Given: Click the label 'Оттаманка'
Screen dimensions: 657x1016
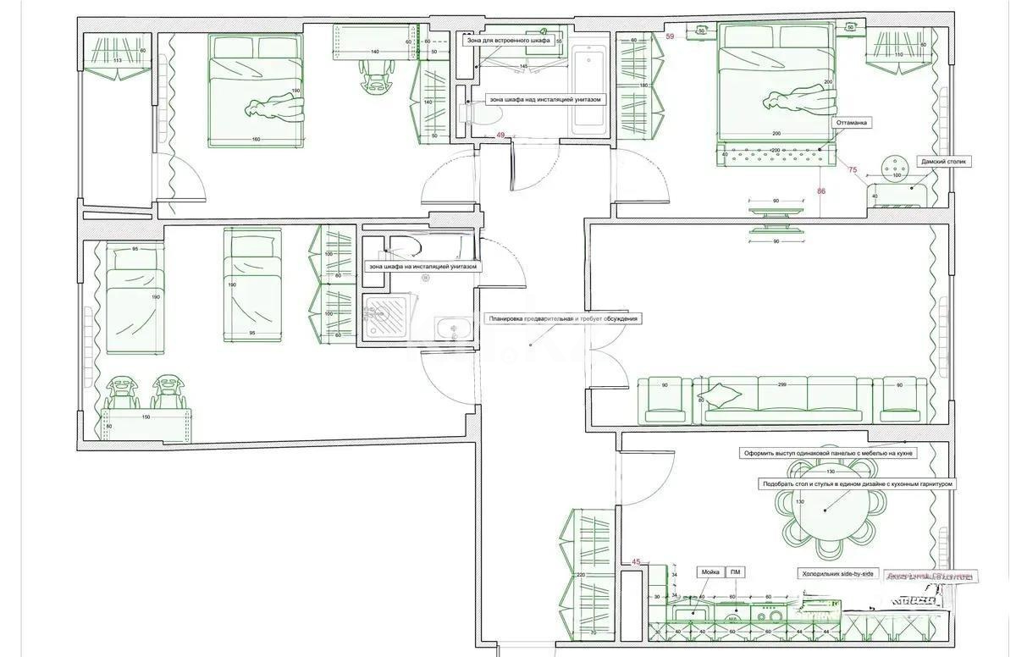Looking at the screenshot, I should click(x=851, y=122).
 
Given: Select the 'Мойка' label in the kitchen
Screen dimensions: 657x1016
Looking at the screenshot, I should click(x=709, y=573).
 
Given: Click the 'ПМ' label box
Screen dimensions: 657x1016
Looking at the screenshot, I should click(x=736, y=573).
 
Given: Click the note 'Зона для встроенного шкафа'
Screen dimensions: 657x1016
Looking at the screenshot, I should click(x=508, y=40).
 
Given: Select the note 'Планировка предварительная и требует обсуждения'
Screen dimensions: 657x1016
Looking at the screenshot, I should click(x=562, y=318).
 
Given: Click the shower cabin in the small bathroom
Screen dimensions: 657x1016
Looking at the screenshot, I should click(x=385, y=317).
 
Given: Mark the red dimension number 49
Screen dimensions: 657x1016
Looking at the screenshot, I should click(x=500, y=135).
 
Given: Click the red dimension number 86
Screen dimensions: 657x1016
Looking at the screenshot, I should click(x=821, y=191).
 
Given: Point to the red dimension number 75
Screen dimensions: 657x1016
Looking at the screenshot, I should click(x=852, y=170).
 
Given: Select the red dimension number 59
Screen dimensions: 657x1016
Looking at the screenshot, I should click(x=671, y=36).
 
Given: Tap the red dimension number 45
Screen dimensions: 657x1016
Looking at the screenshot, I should click(x=636, y=560).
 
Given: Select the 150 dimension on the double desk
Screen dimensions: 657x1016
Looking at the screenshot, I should click(x=146, y=417).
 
